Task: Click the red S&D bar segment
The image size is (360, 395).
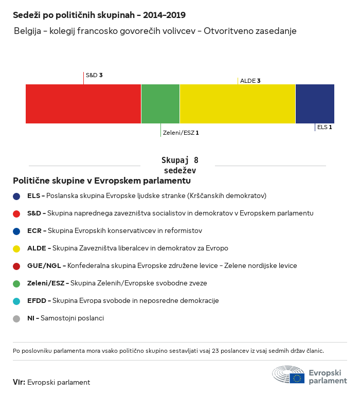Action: [x=83, y=104]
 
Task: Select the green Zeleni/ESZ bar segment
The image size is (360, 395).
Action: [x=160, y=104]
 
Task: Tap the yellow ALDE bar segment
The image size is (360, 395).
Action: [x=238, y=104]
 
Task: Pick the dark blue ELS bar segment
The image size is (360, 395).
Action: [x=315, y=104]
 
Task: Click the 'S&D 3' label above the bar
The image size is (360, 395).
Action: [x=94, y=75]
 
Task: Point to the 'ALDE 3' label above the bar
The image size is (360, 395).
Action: [x=250, y=81]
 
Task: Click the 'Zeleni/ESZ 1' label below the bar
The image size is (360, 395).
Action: [x=181, y=133]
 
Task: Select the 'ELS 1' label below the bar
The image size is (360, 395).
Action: [x=324, y=127]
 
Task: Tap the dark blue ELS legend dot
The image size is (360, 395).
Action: [x=16, y=196]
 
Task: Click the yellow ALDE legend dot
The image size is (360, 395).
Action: [x=16, y=248]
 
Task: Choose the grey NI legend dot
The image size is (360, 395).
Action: [x=16, y=318]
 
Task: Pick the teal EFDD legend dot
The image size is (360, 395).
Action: [x=16, y=301]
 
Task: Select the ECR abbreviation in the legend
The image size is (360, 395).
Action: [x=34, y=231]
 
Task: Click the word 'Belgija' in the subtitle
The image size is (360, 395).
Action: [x=27, y=31]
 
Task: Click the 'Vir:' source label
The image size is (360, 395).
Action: [x=19, y=382]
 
